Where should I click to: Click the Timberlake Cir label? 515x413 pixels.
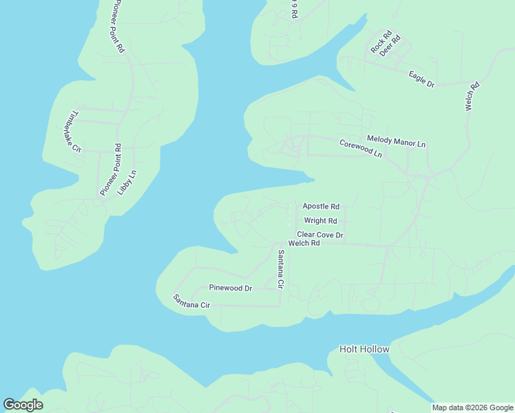(72, 131)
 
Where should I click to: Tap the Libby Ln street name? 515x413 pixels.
(128, 181)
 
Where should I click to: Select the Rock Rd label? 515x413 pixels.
(381, 42)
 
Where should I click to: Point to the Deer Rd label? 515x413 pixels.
(391, 45)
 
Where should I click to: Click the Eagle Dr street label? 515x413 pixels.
(421, 79)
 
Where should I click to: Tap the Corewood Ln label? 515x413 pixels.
(360, 149)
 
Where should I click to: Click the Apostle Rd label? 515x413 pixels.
(321, 206)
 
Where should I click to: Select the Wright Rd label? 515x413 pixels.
(321, 221)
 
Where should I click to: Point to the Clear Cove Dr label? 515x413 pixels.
(320, 235)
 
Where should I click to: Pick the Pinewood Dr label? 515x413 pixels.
(231, 288)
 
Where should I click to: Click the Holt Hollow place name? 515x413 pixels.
(364, 349)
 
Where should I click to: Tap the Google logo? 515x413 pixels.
(23, 405)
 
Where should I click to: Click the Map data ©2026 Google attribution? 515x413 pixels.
(472, 407)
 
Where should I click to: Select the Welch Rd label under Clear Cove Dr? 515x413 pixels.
(304, 244)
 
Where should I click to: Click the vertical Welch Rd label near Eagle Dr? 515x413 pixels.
(472, 98)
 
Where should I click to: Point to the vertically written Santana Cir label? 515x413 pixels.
(280, 269)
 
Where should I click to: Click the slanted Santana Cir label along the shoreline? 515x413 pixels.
(191, 301)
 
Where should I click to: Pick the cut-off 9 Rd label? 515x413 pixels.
(294, 9)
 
